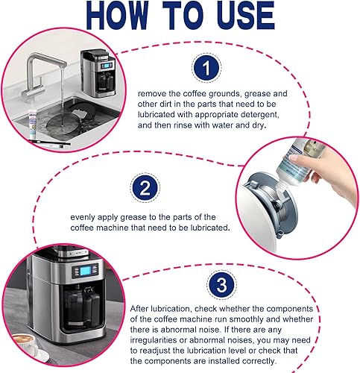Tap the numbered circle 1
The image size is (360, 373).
click(206, 68)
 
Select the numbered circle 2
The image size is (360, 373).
click(145, 188)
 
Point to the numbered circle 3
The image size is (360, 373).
click(221, 285)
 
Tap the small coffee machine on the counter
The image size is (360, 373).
click(98, 72)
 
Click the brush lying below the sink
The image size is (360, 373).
click(50, 143)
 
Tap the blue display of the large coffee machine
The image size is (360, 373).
click(85, 271)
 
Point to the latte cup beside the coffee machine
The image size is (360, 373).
click(25, 345)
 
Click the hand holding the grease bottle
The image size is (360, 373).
click(328, 174)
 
